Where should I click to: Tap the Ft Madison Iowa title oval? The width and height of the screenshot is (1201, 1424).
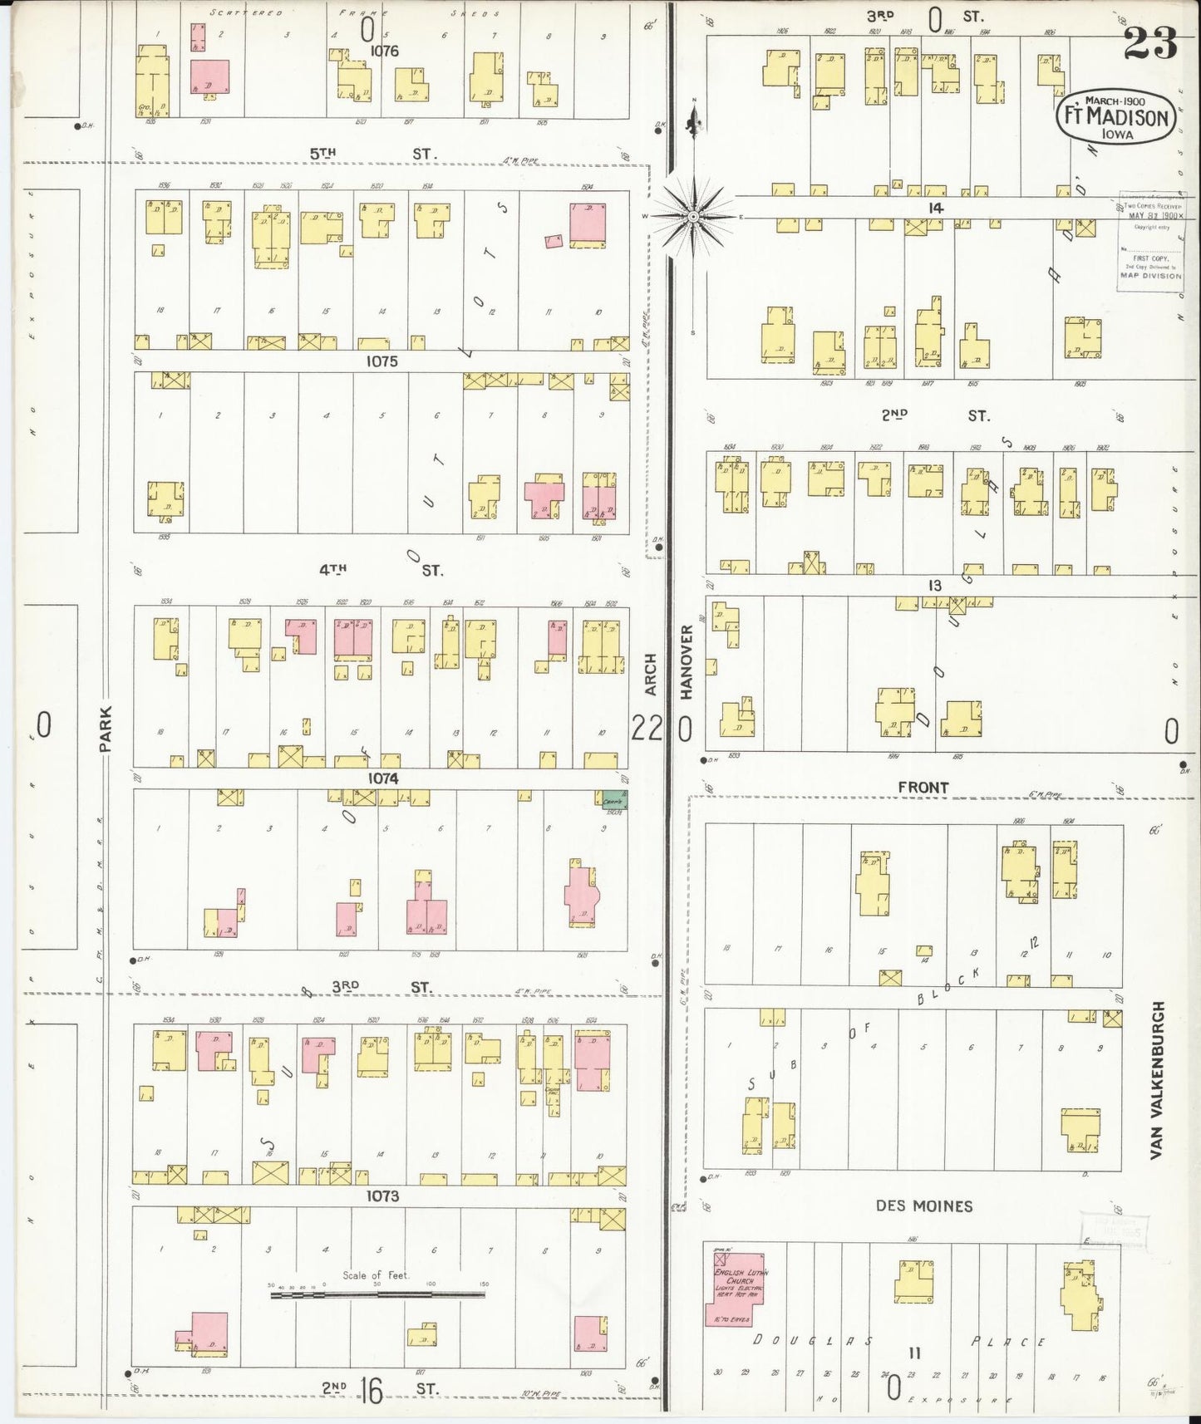tap(1117, 118)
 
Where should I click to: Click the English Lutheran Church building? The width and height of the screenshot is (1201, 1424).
tap(736, 1295)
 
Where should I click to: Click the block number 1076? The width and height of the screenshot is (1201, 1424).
tap(385, 51)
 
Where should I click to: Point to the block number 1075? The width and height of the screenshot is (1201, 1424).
tap(381, 361)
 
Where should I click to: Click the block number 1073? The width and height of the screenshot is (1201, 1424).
tap(381, 1196)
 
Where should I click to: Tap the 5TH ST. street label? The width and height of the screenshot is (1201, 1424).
tap(372, 154)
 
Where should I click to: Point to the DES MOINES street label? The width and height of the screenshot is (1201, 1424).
tap(923, 1205)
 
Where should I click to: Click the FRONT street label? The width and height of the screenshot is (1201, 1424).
tap(923, 787)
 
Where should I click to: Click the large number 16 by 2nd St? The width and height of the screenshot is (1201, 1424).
tap(371, 1390)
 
